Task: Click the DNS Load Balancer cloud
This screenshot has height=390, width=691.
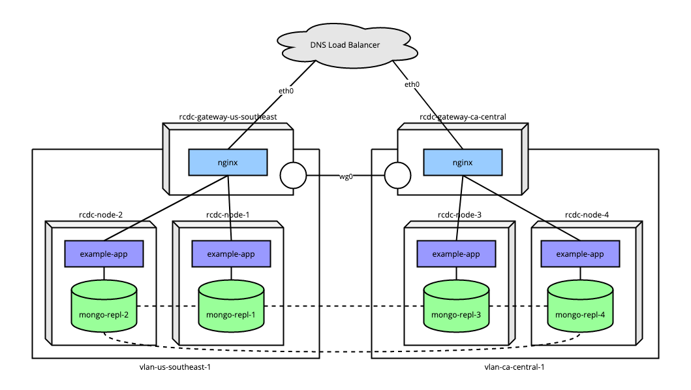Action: [345, 45]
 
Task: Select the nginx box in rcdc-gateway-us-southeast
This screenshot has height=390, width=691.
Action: [228, 162]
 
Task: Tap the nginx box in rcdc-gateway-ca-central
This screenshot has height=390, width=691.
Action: [463, 162]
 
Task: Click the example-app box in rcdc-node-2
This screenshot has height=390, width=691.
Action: [104, 253]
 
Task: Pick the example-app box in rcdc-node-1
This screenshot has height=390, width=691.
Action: [231, 253]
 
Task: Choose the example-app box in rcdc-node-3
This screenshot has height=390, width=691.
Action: [456, 253]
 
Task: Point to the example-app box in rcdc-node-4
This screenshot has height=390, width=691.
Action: [580, 253]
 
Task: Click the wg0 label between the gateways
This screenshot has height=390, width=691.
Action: [346, 176]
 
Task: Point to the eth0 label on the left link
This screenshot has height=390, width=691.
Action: [286, 91]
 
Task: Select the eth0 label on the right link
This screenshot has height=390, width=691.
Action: [412, 84]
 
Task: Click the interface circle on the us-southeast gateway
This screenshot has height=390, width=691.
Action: [293, 175]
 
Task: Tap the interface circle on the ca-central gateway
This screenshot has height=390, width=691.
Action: [397, 175]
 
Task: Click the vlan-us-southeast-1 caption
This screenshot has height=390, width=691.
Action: [176, 367]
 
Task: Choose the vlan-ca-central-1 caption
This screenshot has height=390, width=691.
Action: [515, 367]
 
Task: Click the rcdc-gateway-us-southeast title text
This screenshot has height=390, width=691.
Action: [228, 117]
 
